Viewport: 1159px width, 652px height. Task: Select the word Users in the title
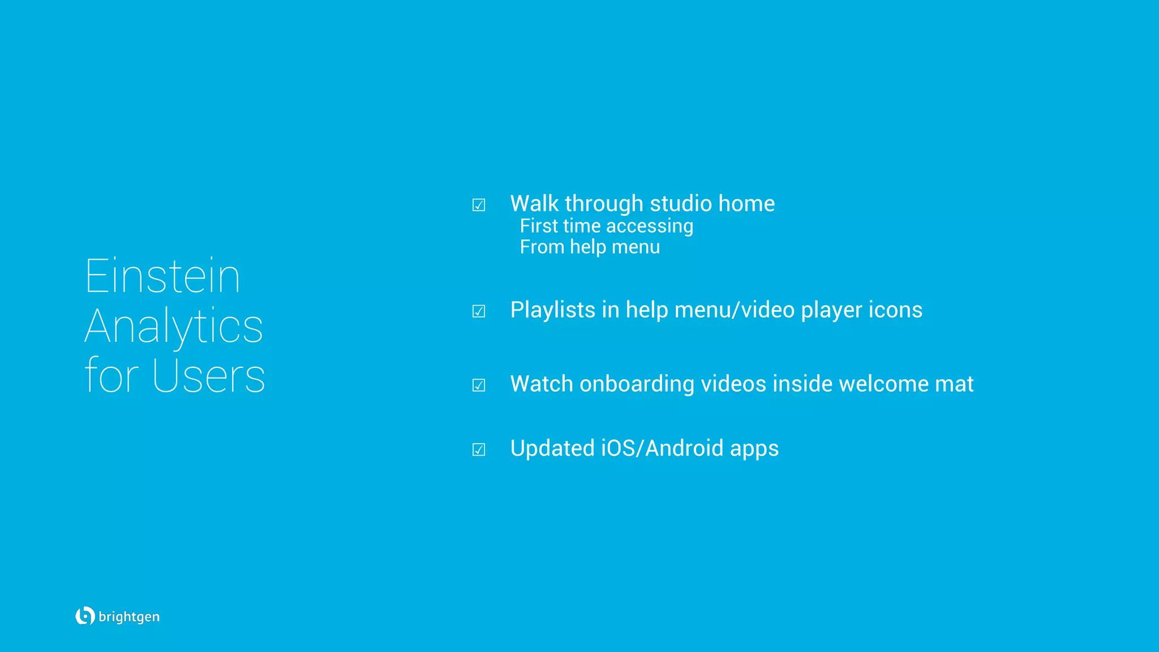(x=208, y=376)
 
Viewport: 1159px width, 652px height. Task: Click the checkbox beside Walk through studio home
(x=479, y=205)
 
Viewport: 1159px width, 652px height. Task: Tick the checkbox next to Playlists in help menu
(x=479, y=311)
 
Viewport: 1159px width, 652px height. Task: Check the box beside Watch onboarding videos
(x=479, y=385)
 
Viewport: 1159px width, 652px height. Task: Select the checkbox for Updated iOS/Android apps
(x=479, y=450)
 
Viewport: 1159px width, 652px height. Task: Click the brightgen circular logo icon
(x=85, y=616)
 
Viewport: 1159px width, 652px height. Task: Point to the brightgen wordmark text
(x=129, y=617)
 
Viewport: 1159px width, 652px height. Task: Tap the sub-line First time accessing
(x=606, y=226)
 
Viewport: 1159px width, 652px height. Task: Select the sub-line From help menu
(x=590, y=247)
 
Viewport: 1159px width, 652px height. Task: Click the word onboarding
(x=637, y=384)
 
